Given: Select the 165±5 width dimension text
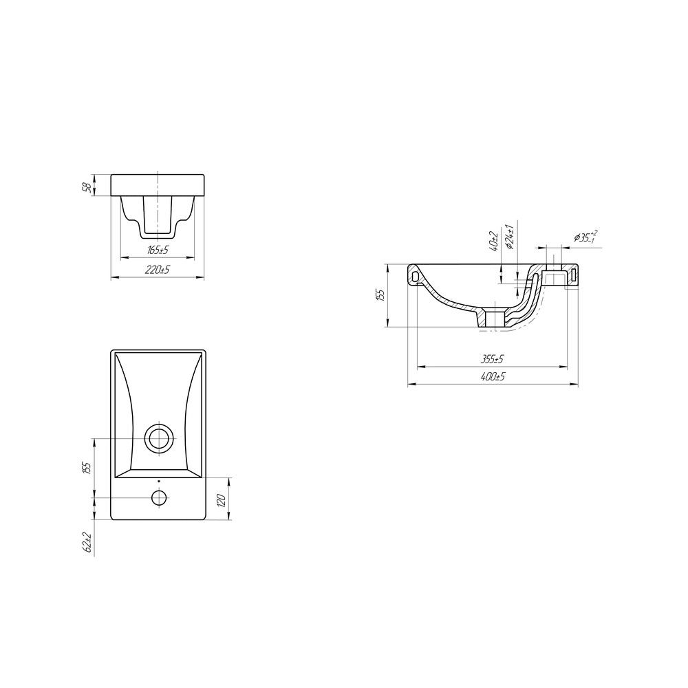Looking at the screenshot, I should (158, 250).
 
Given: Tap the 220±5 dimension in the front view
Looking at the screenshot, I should (158, 270).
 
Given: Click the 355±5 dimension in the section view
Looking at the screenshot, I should (493, 359).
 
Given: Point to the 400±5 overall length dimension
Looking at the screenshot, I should (493, 377).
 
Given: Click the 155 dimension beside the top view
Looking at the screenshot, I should (87, 468).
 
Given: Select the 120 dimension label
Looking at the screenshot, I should (221, 499).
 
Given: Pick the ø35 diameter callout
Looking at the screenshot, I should (585, 237).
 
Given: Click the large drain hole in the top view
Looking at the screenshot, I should (159, 438).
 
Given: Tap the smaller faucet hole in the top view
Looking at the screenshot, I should (159, 497).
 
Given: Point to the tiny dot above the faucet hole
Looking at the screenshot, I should (159, 481).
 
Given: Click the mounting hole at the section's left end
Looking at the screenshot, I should (415, 275).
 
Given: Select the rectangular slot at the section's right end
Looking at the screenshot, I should (572, 275).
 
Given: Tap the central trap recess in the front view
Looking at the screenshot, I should (158, 213).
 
